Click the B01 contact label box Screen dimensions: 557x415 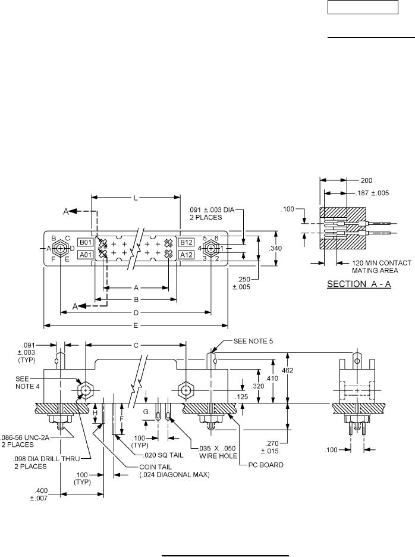(85, 243)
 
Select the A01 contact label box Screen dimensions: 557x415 (85, 255)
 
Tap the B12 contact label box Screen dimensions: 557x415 (186, 243)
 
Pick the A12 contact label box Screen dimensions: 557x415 (186, 255)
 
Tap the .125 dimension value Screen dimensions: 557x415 (258, 397)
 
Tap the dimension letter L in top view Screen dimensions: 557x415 (136, 198)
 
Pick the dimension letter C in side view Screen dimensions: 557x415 (136, 345)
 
